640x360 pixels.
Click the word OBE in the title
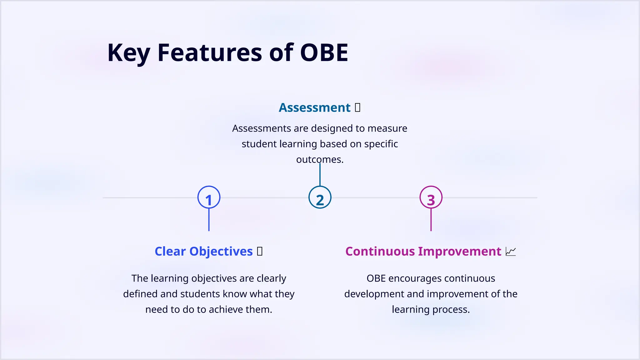tap(324, 52)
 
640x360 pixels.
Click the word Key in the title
tap(128, 52)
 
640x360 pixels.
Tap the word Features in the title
tap(210, 52)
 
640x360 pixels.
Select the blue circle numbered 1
tap(209, 197)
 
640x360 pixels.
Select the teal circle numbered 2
tap(320, 197)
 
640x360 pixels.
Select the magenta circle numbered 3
tap(431, 197)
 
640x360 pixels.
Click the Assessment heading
tap(314, 107)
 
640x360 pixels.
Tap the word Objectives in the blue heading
tap(221, 251)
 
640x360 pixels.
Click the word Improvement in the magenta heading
tap(459, 251)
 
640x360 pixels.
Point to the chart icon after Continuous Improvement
tap(511, 251)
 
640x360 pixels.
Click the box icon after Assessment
tap(357, 107)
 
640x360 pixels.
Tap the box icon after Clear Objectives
tap(260, 251)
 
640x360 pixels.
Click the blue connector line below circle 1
tap(209, 220)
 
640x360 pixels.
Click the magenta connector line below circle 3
tap(431, 220)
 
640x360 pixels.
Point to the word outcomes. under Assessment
tap(320, 159)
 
